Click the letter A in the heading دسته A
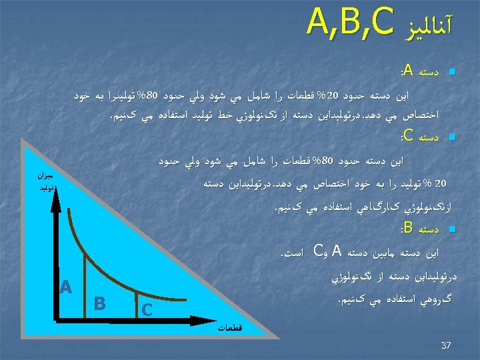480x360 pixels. click(407, 71)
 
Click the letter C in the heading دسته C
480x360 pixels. click(407, 137)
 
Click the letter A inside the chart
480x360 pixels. click(65, 287)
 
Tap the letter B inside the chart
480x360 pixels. click(100, 303)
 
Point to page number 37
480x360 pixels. click(446, 345)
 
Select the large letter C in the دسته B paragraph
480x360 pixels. click(317, 252)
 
